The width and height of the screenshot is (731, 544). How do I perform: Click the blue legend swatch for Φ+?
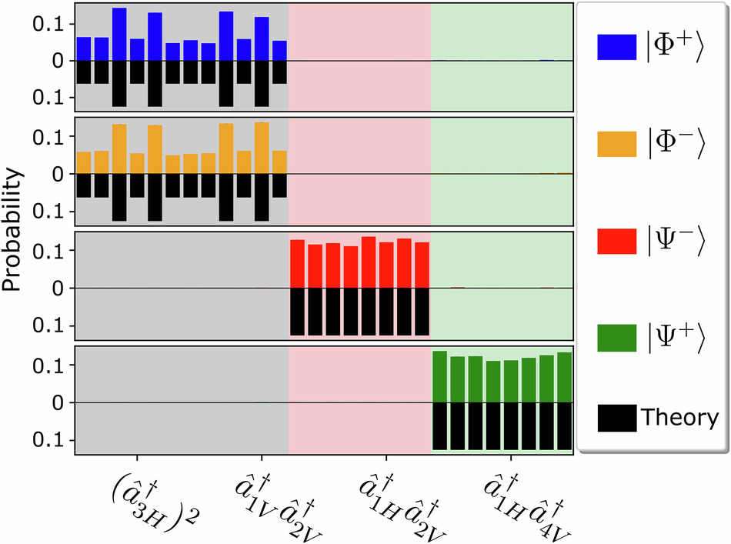pyautogui.click(x=616, y=47)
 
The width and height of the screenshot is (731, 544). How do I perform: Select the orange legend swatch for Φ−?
pyautogui.click(x=616, y=144)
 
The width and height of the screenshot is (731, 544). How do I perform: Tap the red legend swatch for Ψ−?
pyautogui.click(x=616, y=241)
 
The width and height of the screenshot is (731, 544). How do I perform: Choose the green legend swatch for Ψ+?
pyautogui.click(x=616, y=337)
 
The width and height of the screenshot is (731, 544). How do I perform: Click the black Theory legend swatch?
pyautogui.click(x=616, y=419)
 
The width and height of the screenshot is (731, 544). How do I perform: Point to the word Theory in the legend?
pyautogui.click(x=679, y=419)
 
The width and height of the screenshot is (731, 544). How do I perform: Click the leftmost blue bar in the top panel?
pyautogui.click(x=84, y=49)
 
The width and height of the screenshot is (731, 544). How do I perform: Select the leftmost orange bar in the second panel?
pyautogui.click(x=84, y=163)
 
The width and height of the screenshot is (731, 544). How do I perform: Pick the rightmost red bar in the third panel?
pyautogui.click(x=422, y=265)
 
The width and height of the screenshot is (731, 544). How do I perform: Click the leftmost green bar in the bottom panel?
pyautogui.click(x=440, y=377)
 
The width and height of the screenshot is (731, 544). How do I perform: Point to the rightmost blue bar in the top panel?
pyautogui.click(x=279, y=51)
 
